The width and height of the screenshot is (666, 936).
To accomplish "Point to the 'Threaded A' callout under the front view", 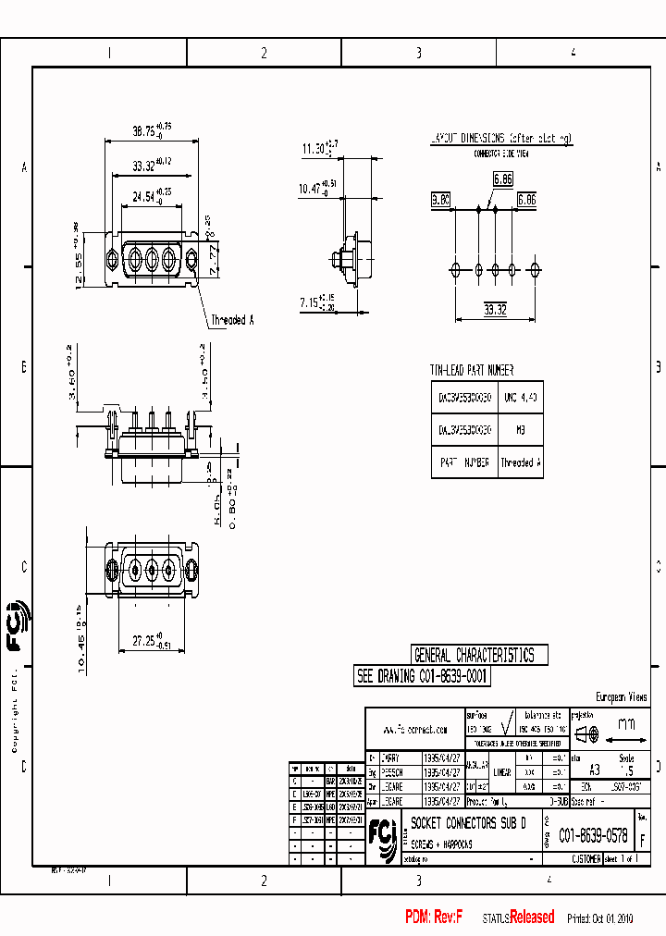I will [232, 320].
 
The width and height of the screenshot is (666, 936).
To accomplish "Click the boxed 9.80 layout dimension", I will [440, 200].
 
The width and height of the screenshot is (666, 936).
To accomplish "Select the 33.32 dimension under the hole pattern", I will [496, 311].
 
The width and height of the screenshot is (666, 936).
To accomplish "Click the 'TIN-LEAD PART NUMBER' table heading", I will [472, 370].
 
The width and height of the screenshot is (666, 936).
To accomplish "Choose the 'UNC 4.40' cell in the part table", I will [521, 399].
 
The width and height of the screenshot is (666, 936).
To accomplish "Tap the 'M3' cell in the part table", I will [521, 430].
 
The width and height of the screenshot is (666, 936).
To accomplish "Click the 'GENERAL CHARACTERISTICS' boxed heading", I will [474, 656].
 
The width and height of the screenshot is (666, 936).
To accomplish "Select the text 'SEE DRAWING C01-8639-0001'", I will [423, 676].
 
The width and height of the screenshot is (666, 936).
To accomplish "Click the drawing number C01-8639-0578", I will [593, 836].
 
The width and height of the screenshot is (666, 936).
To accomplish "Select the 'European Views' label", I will [621, 696].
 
